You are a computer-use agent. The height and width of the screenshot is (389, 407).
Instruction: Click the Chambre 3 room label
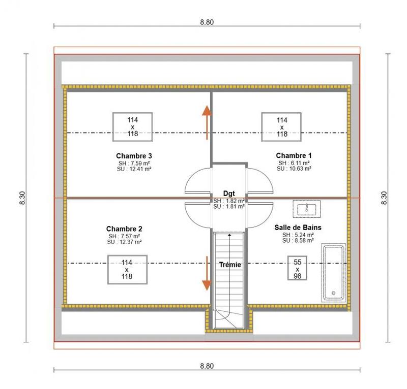(x=134, y=155)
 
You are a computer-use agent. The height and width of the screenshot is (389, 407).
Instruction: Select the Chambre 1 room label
(x=294, y=155)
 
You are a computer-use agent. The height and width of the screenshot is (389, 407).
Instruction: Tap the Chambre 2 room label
(x=124, y=229)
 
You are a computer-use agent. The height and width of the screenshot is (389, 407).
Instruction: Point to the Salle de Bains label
(x=298, y=228)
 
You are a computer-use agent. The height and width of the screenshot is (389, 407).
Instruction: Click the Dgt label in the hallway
(x=229, y=193)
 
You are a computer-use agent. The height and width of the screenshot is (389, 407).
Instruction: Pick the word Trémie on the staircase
(x=230, y=265)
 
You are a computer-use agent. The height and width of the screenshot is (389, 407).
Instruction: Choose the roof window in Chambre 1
(x=282, y=127)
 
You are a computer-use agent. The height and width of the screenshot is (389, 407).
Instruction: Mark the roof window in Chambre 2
(x=127, y=270)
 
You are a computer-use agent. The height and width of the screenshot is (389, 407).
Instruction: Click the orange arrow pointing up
(x=207, y=122)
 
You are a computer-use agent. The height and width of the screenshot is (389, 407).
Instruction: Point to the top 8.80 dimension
(x=207, y=22)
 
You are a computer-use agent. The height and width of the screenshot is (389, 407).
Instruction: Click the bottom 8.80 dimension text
(x=207, y=366)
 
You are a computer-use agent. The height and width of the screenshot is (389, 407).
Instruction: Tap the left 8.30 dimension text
(x=22, y=198)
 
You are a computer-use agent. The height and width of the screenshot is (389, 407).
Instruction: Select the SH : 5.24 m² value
(x=298, y=235)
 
